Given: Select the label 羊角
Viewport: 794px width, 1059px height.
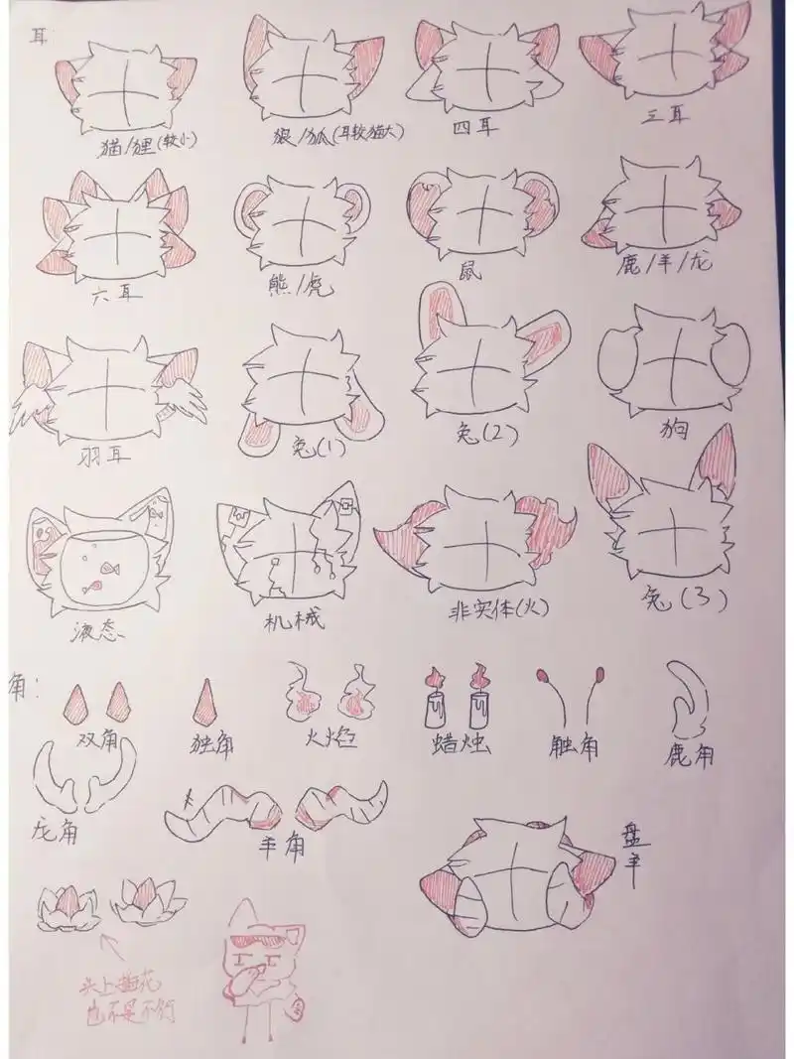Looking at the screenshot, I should tap(281, 847).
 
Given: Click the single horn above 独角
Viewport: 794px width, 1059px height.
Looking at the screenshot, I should tap(209, 703).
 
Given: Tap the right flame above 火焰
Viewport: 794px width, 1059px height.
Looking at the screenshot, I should tap(354, 694).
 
